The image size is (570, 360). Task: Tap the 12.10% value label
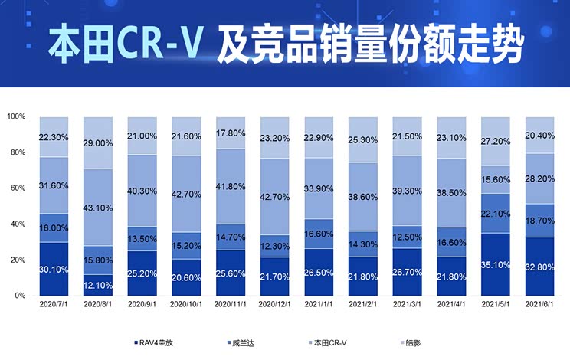pyautogui.click(x=97, y=286)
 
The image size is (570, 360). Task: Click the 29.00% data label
pyautogui.click(x=97, y=143)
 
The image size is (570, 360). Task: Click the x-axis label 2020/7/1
pyautogui.click(x=53, y=305)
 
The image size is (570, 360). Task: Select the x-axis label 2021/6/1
pyautogui.click(x=540, y=305)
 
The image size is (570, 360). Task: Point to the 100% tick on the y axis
pyautogui.click(x=17, y=116)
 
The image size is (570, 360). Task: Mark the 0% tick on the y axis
pyautogui.click(x=20, y=296)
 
